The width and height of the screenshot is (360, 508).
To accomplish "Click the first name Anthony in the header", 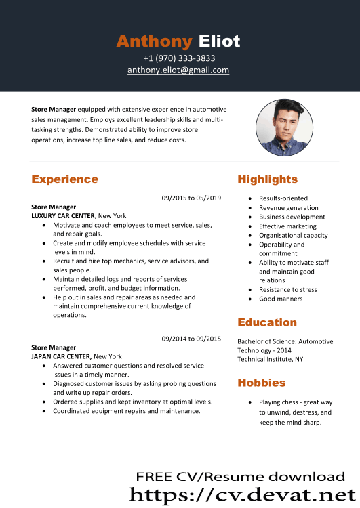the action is pyautogui.click(x=154, y=41).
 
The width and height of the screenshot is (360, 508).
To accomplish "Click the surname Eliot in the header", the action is pyautogui.click(x=219, y=41).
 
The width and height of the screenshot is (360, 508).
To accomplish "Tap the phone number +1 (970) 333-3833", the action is pyautogui.click(x=179, y=58).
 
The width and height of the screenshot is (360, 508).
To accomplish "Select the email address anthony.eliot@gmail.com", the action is pyautogui.click(x=178, y=70).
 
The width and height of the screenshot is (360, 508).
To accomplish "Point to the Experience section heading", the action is pyautogui.click(x=64, y=179).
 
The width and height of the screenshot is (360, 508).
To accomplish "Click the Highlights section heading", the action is pyautogui.click(x=267, y=179).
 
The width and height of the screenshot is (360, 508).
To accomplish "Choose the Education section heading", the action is pyautogui.click(x=267, y=322).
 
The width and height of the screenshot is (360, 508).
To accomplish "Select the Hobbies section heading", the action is pyautogui.click(x=261, y=383).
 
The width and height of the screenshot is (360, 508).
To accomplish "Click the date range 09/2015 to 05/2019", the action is pyautogui.click(x=191, y=198).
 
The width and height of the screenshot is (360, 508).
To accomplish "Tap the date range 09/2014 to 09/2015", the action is pyautogui.click(x=191, y=339).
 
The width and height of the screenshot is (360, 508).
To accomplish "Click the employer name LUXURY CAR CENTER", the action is pyautogui.click(x=63, y=215).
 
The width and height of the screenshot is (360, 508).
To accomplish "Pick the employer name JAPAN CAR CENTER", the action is pyautogui.click(x=61, y=356).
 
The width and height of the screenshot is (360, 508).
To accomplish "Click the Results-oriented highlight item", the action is pyautogui.click(x=283, y=198).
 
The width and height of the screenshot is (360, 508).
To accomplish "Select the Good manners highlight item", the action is pyautogui.click(x=281, y=299).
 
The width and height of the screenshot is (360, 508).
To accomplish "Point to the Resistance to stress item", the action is pyautogui.click(x=287, y=290).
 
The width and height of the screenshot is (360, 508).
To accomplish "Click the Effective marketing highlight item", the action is pyautogui.click(x=287, y=226).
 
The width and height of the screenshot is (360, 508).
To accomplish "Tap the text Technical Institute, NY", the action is pyautogui.click(x=270, y=359).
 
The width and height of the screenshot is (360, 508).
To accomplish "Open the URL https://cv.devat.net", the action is pyautogui.click(x=242, y=494).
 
